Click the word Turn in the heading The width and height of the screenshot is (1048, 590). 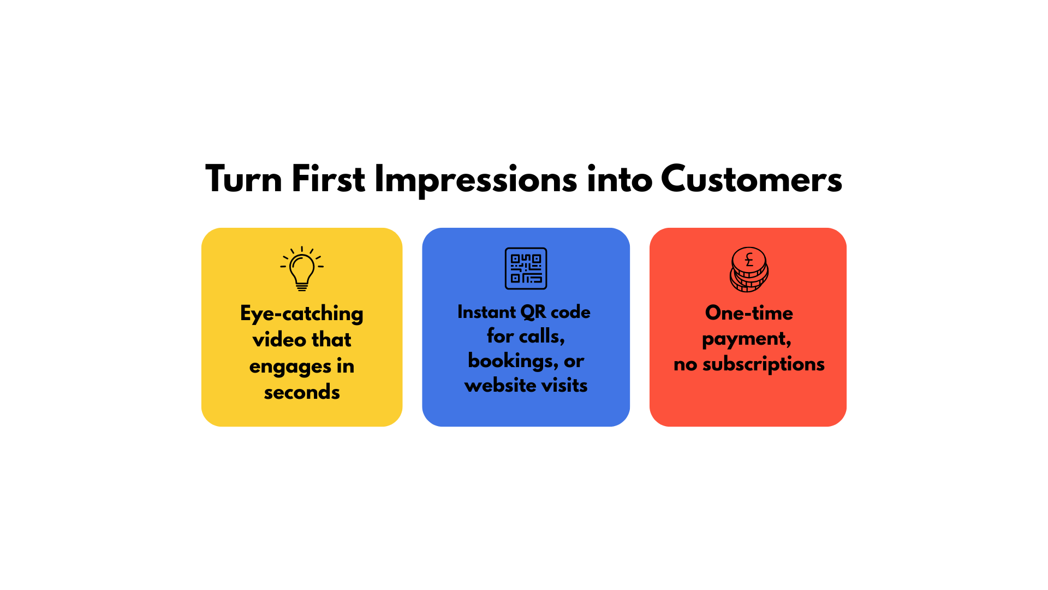(243, 179)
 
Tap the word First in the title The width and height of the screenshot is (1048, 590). (328, 179)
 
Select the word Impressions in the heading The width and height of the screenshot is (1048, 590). (475, 180)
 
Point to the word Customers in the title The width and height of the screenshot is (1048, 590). (752, 179)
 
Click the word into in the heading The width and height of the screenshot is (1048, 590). (620, 179)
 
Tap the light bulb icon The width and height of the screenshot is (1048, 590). (302, 268)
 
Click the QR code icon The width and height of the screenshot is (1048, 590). (526, 268)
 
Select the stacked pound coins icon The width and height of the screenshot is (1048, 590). (749, 269)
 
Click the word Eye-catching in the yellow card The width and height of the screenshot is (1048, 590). (302, 314)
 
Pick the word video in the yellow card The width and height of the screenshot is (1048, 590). (279, 339)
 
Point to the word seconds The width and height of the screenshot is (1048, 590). (302, 392)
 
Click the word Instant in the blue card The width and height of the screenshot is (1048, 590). (486, 311)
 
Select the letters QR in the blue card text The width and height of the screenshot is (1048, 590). (533, 312)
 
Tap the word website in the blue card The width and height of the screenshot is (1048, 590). (500, 385)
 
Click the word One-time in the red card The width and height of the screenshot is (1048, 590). (749, 312)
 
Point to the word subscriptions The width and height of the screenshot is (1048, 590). (763, 364)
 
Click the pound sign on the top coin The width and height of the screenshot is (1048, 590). (749, 259)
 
